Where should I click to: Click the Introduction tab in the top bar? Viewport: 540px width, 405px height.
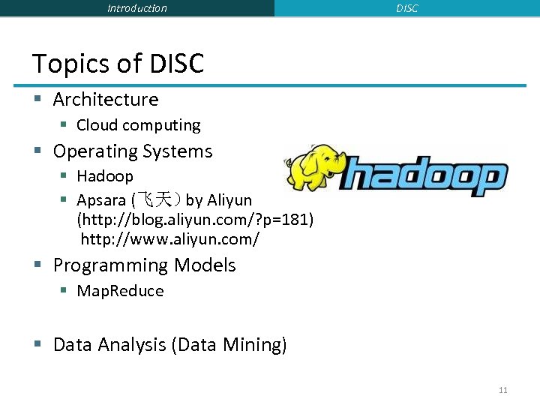pos(137,8)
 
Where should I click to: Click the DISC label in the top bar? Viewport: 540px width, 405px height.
pos(407,8)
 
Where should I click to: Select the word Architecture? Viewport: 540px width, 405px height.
pos(106,100)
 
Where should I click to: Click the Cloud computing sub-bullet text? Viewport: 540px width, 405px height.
pos(139,125)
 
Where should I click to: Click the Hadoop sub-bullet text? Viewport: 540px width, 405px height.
pos(105,176)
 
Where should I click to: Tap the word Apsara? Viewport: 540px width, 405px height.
pos(101,200)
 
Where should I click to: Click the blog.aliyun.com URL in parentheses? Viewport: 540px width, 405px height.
pos(195,220)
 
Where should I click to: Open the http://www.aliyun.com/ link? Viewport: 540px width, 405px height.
pos(170,239)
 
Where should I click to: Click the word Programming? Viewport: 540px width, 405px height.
pos(111,265)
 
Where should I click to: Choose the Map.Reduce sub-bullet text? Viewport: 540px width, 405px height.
pos(120,291)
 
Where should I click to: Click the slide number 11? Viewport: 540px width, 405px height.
pos(502,390)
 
